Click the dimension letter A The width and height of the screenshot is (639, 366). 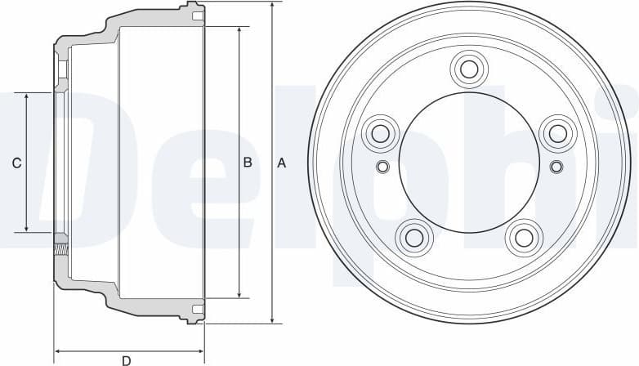282,163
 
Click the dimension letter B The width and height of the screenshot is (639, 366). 248,163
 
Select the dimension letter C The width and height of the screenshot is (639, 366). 16,163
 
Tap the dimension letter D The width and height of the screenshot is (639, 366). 127,359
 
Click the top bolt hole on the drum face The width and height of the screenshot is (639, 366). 468,68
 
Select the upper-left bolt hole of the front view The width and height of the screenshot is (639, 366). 379,132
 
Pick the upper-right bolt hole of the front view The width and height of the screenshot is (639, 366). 558,132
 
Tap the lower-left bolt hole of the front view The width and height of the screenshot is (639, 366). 413,237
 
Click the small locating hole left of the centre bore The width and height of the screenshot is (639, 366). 382,167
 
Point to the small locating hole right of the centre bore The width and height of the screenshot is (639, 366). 556,167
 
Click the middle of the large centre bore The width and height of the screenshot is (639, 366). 469,163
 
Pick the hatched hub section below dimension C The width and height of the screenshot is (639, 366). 60,243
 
